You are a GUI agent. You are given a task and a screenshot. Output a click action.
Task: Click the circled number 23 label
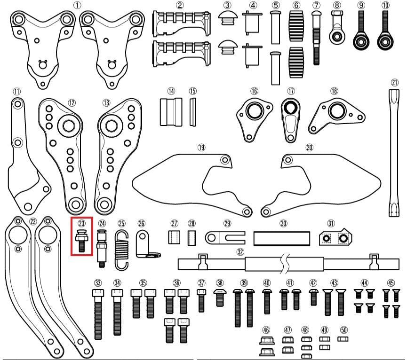82,223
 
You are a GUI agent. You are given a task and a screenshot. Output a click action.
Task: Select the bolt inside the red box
82,240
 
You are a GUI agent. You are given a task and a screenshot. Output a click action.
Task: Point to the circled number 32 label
240,252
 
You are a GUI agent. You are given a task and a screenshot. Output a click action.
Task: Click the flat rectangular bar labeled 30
282,238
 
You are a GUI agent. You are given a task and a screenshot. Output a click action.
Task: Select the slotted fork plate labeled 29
225,238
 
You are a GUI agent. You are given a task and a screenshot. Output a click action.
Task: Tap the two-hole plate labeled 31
335,237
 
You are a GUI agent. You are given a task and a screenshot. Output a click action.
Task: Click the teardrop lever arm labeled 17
291,120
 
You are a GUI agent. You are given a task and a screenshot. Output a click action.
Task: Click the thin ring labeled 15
192,112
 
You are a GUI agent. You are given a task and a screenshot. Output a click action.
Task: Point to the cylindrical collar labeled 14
171,112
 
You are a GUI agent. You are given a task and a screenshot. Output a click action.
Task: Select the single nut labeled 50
343,339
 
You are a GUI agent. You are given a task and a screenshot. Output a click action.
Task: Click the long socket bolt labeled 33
98,314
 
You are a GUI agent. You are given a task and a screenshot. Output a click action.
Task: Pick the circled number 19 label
201,148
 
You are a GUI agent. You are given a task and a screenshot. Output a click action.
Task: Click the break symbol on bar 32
285,265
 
